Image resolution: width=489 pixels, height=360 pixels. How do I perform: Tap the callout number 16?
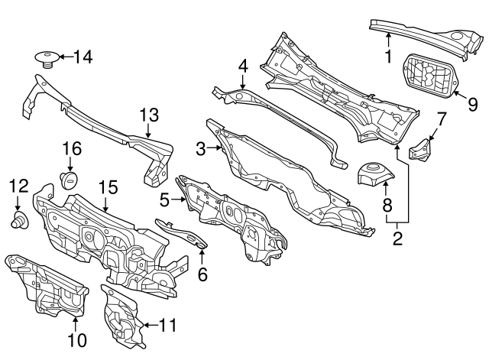point(70,148)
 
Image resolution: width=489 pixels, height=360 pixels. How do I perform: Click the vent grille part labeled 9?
point(426,76)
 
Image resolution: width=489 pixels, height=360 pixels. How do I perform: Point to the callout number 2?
point(397,238)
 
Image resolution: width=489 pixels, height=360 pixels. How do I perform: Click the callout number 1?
point(388,56)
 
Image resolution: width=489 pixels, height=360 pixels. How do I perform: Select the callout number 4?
point(241,66)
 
